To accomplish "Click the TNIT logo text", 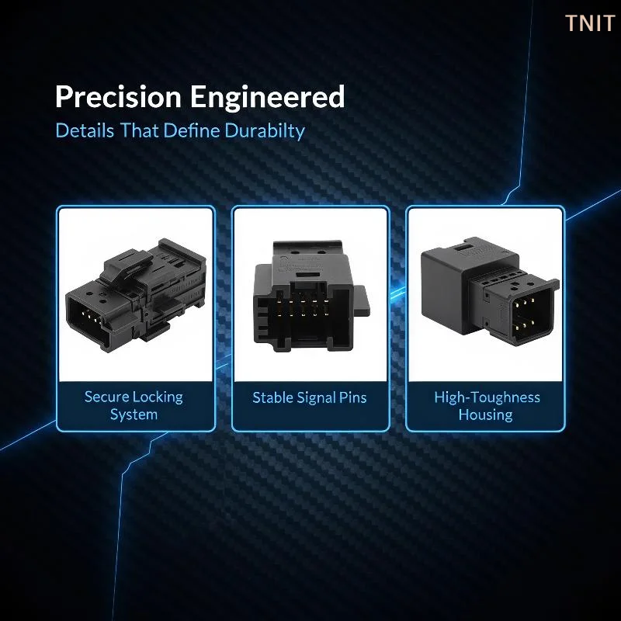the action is pos(590,23).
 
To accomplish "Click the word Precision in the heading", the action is pos(119,96).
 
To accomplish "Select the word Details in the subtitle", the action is pos(85,130).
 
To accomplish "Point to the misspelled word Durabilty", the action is pos(265,131).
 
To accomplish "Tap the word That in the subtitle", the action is pos(140,130).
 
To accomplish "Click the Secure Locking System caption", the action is pos(134,405).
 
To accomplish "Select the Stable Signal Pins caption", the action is pos(310,397).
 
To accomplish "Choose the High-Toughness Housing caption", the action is pos(487,406).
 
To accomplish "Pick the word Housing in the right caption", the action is pos(486,415).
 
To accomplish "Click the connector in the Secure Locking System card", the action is pos(136,295).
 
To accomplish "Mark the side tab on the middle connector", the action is pos(362,300).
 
